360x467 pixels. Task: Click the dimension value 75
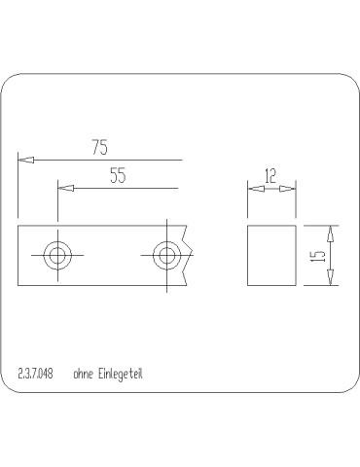[x=99, y=148]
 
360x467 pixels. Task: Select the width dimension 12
[x=270, y=176]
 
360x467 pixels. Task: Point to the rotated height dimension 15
[x=316, y=256]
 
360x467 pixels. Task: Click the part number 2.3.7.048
[x=35, y=373]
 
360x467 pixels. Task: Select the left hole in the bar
[x=58, y=256]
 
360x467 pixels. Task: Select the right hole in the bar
[x=166, y=256]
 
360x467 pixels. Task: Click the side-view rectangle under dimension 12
[x=270, y=256]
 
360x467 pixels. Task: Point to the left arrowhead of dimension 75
[x=24, y=159]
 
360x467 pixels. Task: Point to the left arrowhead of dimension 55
[x=64, y=188]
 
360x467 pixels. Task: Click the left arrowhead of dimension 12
[x=253, y=188]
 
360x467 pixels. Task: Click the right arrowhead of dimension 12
[x=288, y=188]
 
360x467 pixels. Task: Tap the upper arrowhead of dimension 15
[x=331, y=233]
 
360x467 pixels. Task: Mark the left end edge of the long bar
[x=18, y=256]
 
